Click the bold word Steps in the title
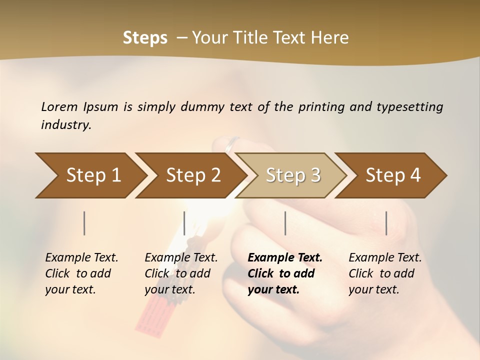click(145, 38)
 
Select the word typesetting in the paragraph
click(409, 106)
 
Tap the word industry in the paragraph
click(66, 124)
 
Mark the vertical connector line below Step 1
click(84, 223)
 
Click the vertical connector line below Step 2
click(184, 223)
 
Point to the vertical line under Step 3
click(285, 223)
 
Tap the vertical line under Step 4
click(386, 223)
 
